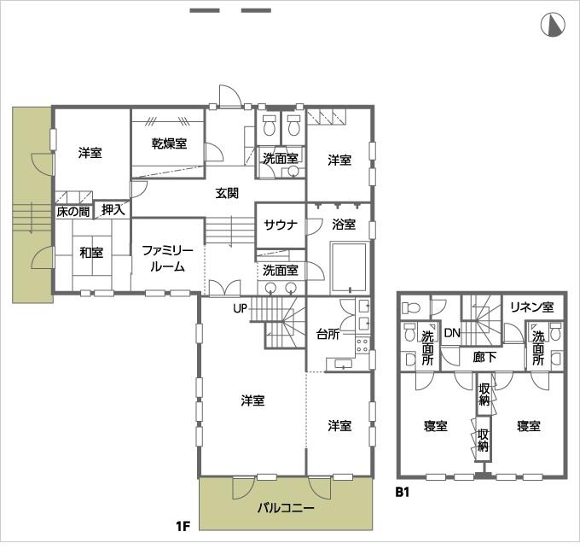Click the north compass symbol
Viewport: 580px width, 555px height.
[553, 26]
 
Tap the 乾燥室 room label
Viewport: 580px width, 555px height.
[170, 143]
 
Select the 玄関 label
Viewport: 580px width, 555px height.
[227, 193]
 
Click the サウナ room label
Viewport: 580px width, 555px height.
[280, 225]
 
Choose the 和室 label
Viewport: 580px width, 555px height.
[91, 252]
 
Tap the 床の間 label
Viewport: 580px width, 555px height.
[72, 210]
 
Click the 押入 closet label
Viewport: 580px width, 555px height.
[113, 209]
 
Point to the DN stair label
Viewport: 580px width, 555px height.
[452, 332]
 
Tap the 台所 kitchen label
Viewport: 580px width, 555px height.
[328, 333]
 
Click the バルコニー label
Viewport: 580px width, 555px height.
[286, 508]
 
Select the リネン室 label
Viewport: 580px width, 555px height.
[532, 307]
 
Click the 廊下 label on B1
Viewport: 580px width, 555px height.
[484, 357]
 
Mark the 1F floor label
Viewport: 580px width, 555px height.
[183, 526]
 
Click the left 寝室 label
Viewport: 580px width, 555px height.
[435, 426]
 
